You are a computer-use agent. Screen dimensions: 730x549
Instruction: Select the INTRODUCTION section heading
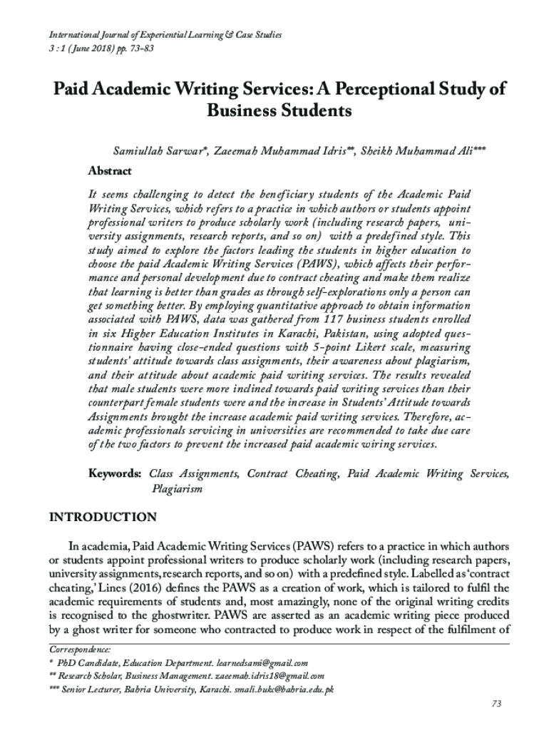click(x=102, y=517)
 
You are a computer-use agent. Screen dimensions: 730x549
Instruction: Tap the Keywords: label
click(x=114, y=474)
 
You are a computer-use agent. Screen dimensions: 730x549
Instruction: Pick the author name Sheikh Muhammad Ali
click(x=416, y=152)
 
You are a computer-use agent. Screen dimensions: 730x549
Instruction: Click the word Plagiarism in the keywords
click(x=177, y=489)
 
